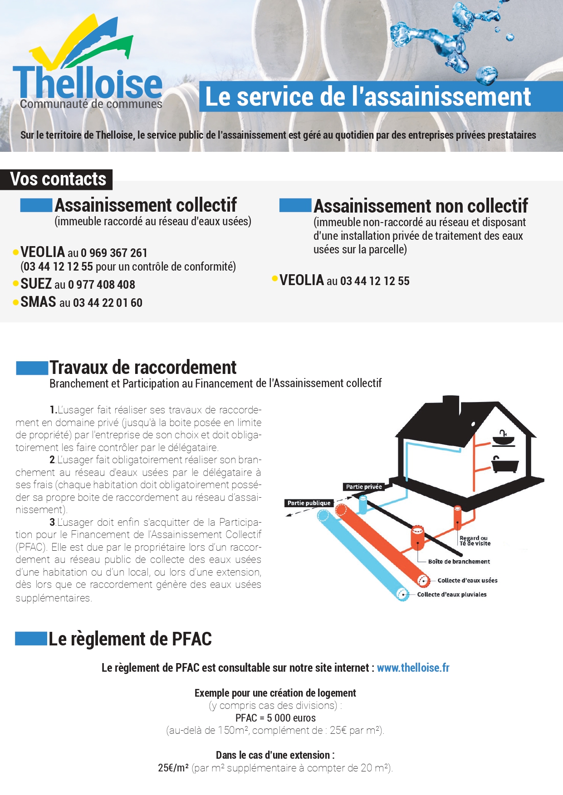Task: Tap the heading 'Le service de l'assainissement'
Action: (368, 97)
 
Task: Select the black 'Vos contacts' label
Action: (58, 179)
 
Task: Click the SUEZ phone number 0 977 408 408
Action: (102, 285)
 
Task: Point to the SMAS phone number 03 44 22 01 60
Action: (108, 303)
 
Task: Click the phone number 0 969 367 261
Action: (114, 253)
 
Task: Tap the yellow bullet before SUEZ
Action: (16, 284)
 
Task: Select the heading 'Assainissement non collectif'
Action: (421, 206)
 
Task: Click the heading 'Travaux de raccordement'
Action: (143, 368)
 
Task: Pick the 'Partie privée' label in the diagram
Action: (364, 487)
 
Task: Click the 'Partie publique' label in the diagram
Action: (309, 503)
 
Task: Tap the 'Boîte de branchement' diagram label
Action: (459, 562)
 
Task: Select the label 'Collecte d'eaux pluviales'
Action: (451, 594)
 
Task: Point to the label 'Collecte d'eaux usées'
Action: (467, 581)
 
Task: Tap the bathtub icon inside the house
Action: (504, 465)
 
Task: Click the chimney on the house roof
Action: (450, 405)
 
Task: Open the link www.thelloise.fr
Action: (413, 668)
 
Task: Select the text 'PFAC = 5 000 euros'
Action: (275, 718)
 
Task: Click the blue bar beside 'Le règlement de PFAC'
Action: (31, 639)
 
